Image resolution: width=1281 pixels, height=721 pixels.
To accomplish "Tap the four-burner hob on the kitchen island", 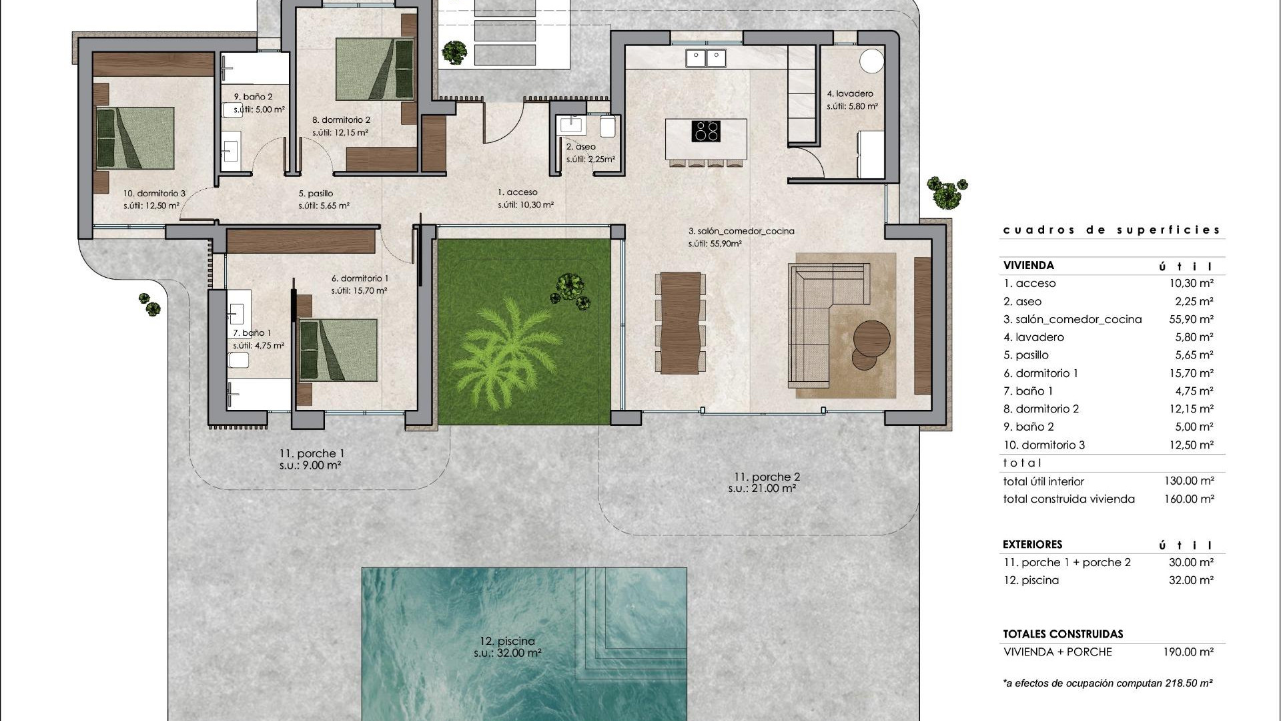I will (706, 131).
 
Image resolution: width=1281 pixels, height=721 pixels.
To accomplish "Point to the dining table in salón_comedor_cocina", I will (680, 322).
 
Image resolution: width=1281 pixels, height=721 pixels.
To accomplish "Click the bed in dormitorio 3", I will (135, 138).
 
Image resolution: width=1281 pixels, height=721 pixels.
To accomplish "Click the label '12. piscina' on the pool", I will (507, 641).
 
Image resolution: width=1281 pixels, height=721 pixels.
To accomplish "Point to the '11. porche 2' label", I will (767, 477).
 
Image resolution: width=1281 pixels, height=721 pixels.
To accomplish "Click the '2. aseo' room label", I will (580, 147).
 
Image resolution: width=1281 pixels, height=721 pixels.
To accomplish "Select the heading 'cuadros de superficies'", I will (1112, 230).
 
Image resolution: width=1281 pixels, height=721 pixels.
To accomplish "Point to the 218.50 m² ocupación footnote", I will (1108, 682).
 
